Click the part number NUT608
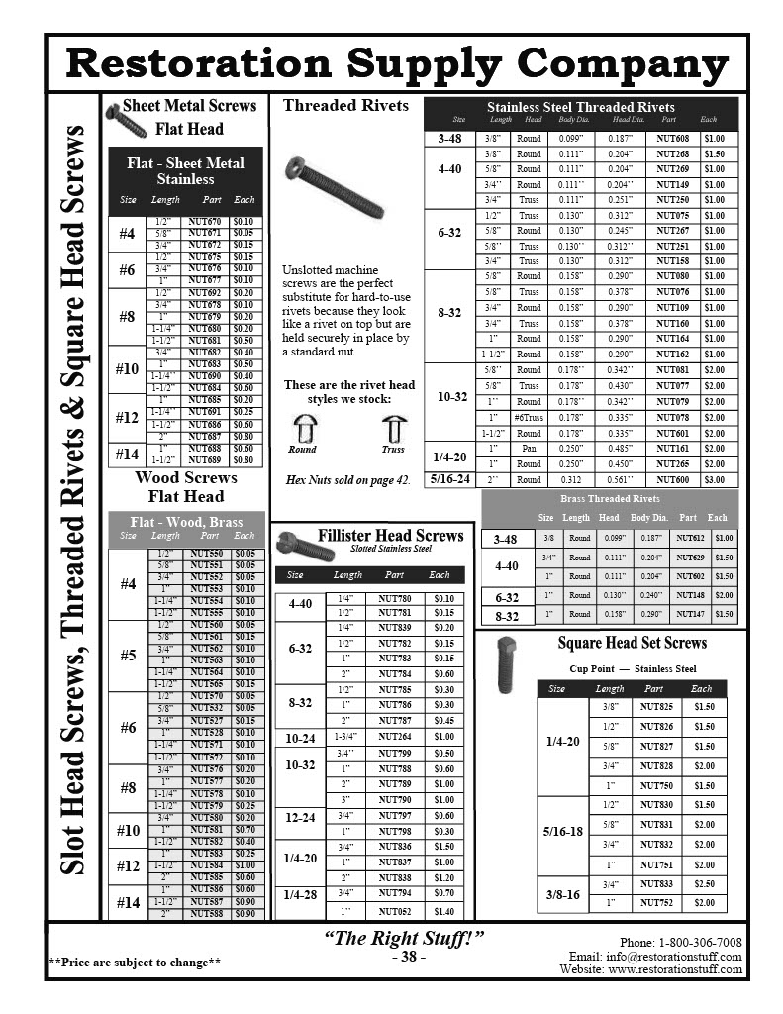pyautogui.click(x=672, y=139)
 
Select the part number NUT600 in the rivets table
pyautogui.click(x=672, y=480)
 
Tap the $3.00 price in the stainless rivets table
pyautogui.click(x=714, y=480)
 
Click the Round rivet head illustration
pyautogui.click(x=302, y=429)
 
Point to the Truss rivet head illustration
pyautogui.click(x=393, y=429)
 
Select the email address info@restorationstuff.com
pyautogui.click(x=682, y=957)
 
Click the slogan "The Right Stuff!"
pyautogui.click(x=405, y=938)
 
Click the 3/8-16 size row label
pyautogui.click(x=562, y=894)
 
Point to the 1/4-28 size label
pyautogui.click(x=301, y=894)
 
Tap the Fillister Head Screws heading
pyautogui.click(x=390, y=536)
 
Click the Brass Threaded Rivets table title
pyautogui.click(x=610, y=499)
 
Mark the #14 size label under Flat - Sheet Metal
pyautogui.click(x=127, y=455)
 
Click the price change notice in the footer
pyautogui.click(x=135, y=963)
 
